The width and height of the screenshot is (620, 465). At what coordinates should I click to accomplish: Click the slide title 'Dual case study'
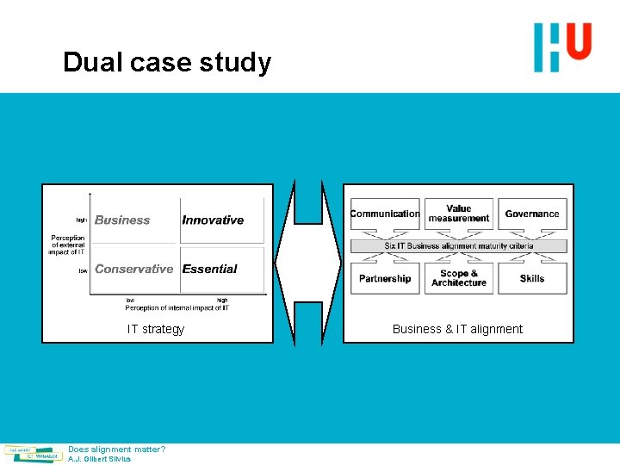[x=167, y=63]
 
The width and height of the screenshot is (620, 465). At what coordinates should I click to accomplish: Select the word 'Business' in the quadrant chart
[x=122, y=220]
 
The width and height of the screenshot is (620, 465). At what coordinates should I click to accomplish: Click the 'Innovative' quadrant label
[x=213, y=220]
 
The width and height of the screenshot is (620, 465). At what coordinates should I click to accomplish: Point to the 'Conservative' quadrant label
[x=134, y=269]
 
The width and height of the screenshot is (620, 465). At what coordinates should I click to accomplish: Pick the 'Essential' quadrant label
[x=209, y=269]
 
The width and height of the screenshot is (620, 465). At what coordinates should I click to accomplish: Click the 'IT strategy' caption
[x=156, y=329]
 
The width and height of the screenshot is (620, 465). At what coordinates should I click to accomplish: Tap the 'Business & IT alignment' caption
[x=457, y=329]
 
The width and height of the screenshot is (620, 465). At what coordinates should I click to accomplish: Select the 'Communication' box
[x=385, y=214]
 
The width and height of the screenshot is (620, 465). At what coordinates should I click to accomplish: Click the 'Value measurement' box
[x=459, y=214]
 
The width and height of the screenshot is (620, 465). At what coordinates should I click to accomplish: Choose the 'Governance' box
[x=532, y=214]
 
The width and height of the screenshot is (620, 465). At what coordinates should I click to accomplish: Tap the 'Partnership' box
[x=385, y=278]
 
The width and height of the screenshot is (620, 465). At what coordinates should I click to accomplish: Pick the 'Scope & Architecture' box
[x=459, y=278]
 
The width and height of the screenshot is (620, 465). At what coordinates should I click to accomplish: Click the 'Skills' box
[x=532, y=278]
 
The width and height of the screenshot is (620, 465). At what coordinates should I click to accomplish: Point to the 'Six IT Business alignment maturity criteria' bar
[x=458, y=246]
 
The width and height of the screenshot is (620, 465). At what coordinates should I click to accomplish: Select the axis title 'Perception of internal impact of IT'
[x=177, y=307]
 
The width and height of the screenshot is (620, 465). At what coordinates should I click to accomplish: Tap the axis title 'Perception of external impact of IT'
[x=68, y=245]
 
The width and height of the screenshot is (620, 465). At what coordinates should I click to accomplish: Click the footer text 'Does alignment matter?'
[x=117, y=449]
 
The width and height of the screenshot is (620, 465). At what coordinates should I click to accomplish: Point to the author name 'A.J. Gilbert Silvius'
[x=100, y=459]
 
